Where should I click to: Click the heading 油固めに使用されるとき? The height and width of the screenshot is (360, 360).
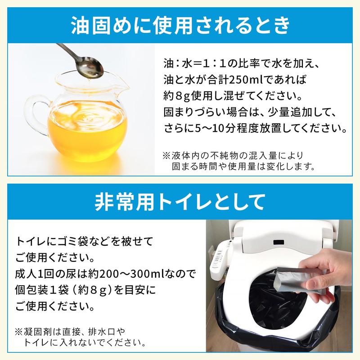point(180,25)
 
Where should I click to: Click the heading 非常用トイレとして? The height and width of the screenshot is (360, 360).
point(180,202)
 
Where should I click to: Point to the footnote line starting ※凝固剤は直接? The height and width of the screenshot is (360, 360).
point(70,332)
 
